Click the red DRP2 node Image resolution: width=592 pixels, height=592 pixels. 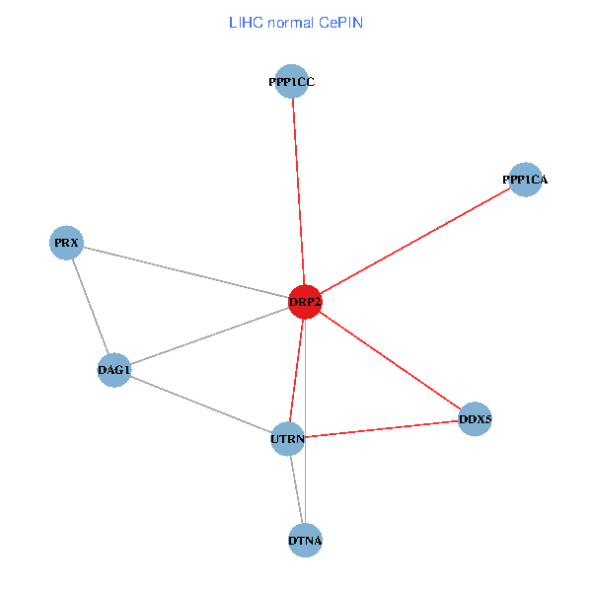(x=305, y=301)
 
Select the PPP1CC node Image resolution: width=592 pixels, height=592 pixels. (x=291, y=82)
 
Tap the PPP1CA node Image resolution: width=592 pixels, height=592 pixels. (x=525, y=180)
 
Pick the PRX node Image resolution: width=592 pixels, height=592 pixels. (x=67, y=242)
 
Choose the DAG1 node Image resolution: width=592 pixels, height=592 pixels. (x=114, y=370)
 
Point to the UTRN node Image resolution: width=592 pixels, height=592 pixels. (x=287, y=438)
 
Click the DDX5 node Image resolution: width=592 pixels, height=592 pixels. (x=475, y=419)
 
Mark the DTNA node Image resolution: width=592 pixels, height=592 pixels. (x=305, y=541)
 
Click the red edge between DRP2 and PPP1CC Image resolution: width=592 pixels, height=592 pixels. (x=298, y=191)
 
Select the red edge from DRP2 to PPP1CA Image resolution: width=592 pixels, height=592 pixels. (x=414, y=241)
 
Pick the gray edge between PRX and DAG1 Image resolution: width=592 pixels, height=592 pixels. (x=91, y=306)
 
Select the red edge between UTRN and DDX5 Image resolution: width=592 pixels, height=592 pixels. (x=381, y=429)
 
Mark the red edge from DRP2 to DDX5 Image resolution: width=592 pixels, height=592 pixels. (x=390, y=360)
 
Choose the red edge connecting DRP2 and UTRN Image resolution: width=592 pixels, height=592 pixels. (x=296, y=370)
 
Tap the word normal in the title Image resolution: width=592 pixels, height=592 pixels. (x=290, y=22)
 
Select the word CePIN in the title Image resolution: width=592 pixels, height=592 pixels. (x=340, y=22)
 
